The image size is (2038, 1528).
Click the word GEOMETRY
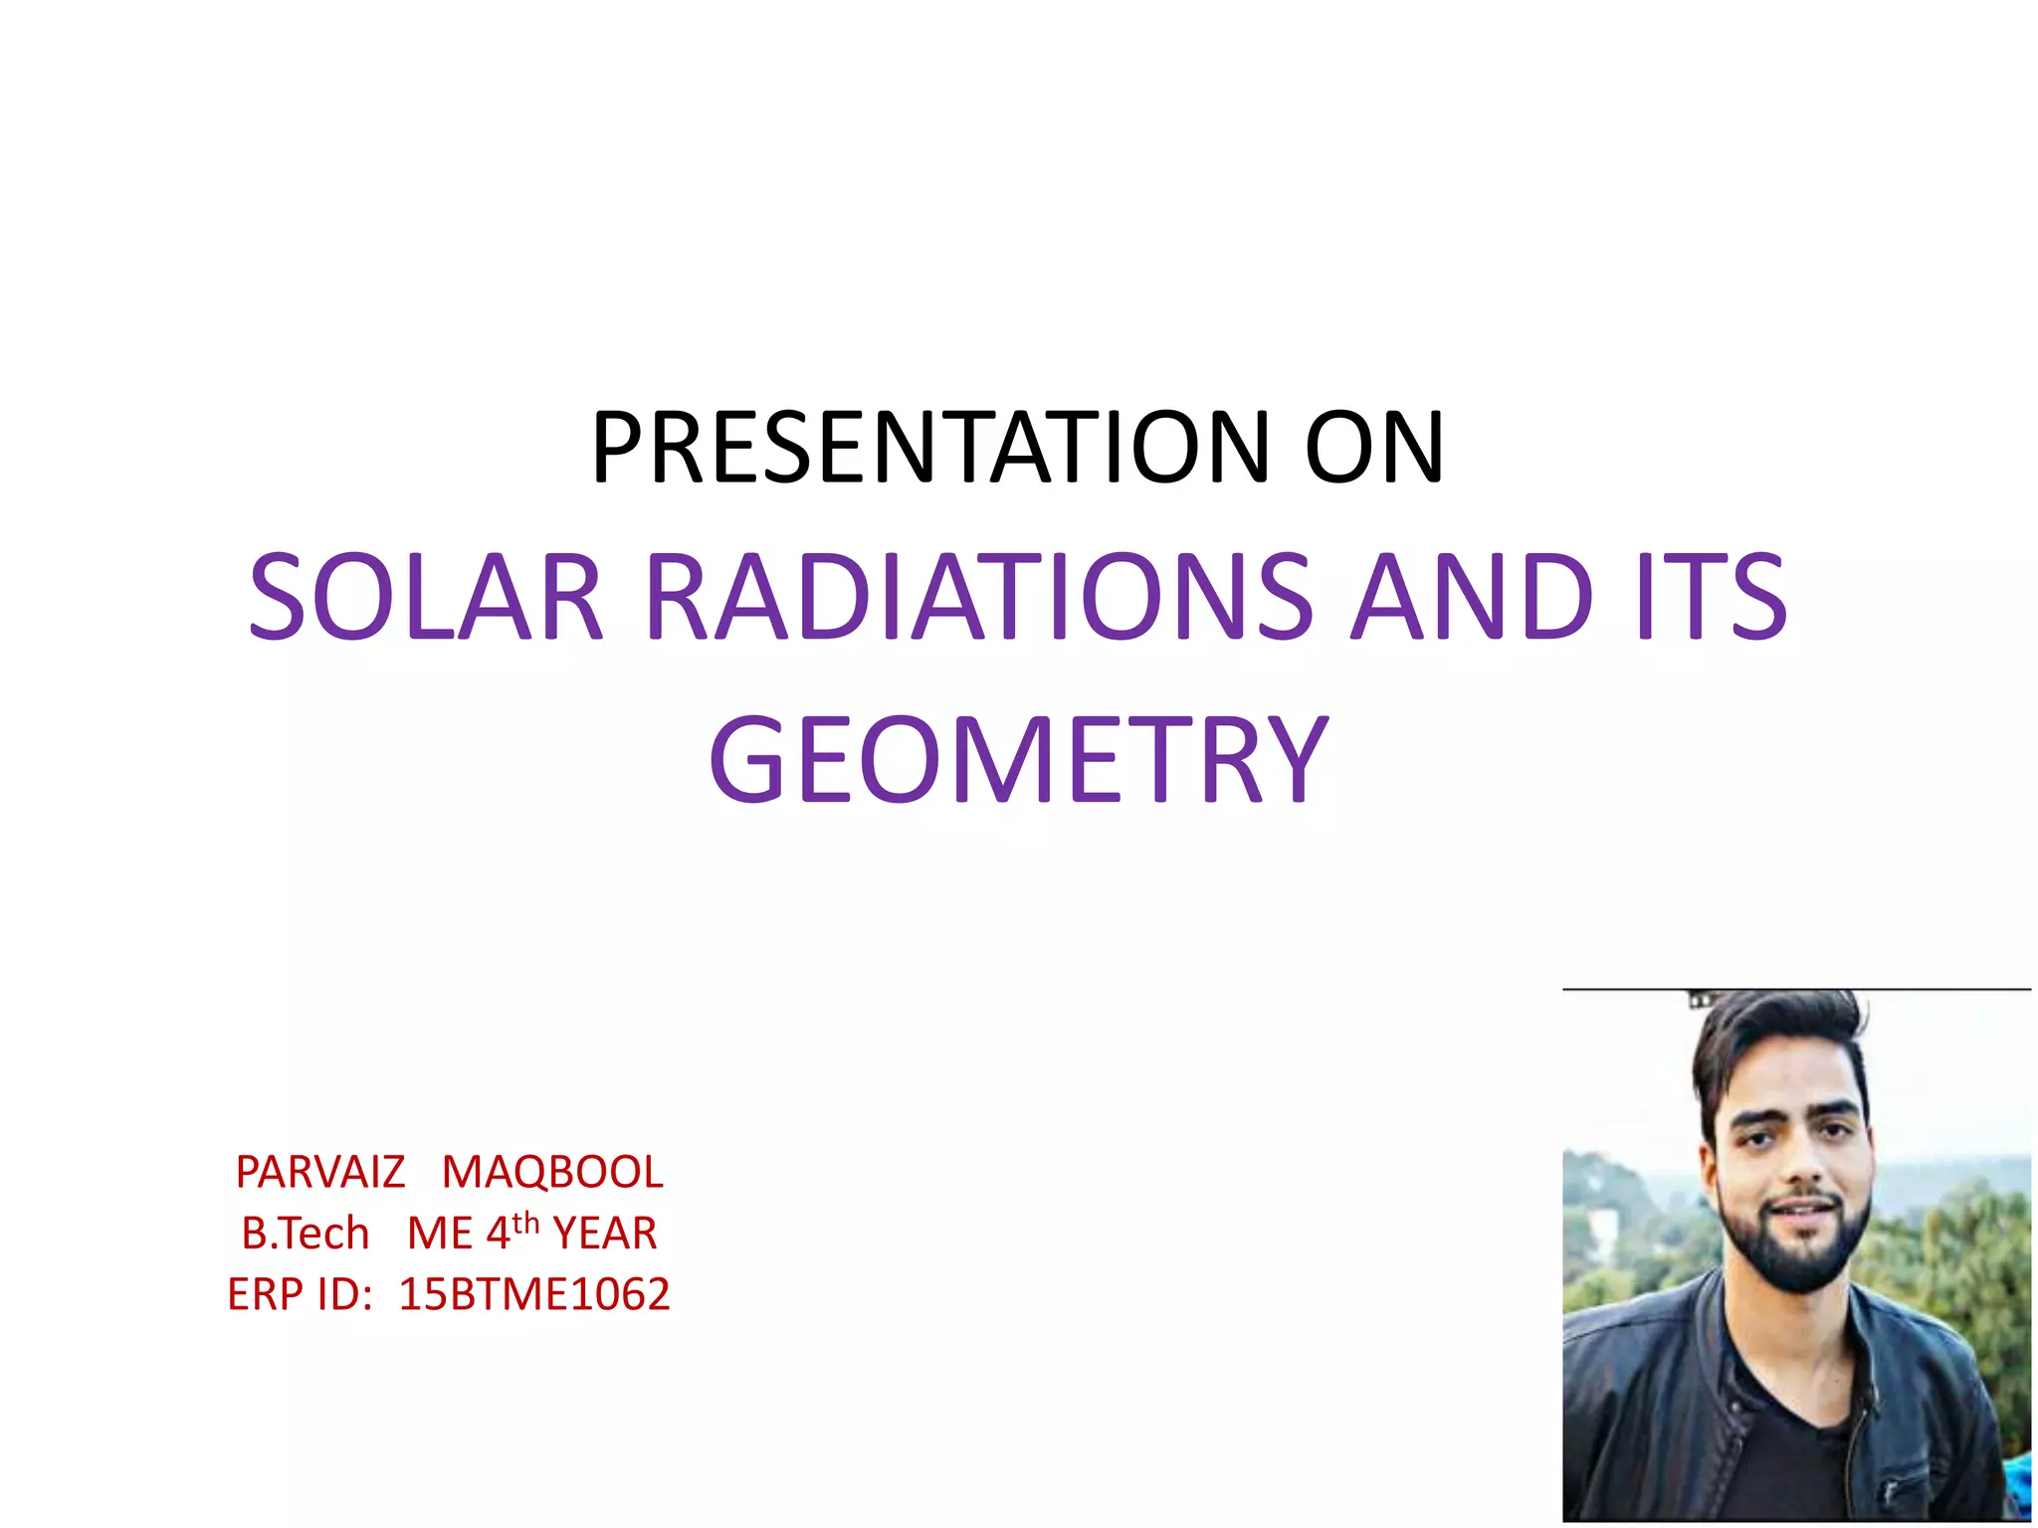point(1018,761)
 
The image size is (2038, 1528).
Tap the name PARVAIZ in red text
point(320,1172)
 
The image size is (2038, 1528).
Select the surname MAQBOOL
point(552,1172)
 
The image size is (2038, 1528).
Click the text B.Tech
point(306,1234)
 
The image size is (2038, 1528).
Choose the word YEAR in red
point(605,1234)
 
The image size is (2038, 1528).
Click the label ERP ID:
point(300,1294)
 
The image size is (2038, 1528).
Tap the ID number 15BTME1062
point(534,1294)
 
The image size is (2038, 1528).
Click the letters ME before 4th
point(440,1234)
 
